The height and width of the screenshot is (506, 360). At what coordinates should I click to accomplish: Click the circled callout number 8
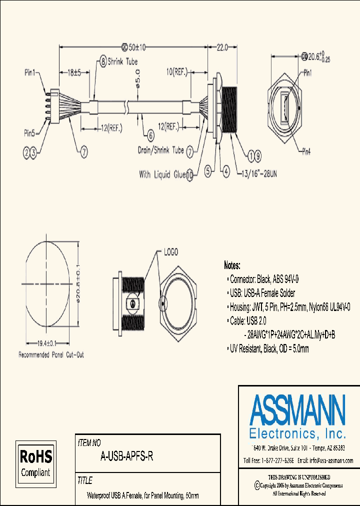103,62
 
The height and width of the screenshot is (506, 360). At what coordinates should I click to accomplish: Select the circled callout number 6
150,134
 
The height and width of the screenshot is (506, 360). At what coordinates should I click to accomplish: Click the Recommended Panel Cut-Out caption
51,355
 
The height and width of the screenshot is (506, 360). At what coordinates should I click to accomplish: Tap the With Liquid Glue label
162,174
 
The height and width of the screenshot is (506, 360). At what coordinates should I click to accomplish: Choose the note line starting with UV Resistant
268,349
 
